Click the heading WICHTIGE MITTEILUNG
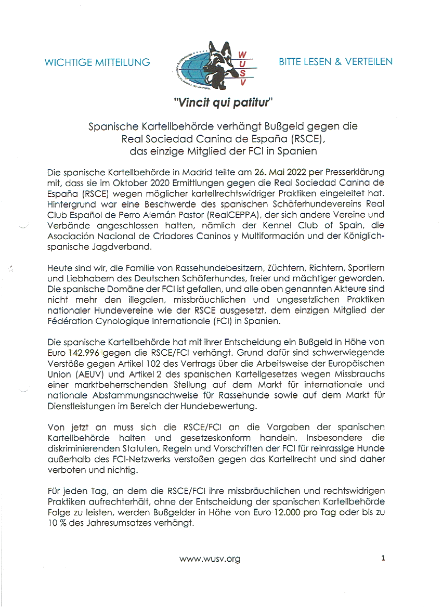(97, 62)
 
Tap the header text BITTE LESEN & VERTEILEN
(335, 61)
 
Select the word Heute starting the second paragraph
(59, 267)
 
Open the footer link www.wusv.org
(210, 559)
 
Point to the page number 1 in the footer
(383, 559)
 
